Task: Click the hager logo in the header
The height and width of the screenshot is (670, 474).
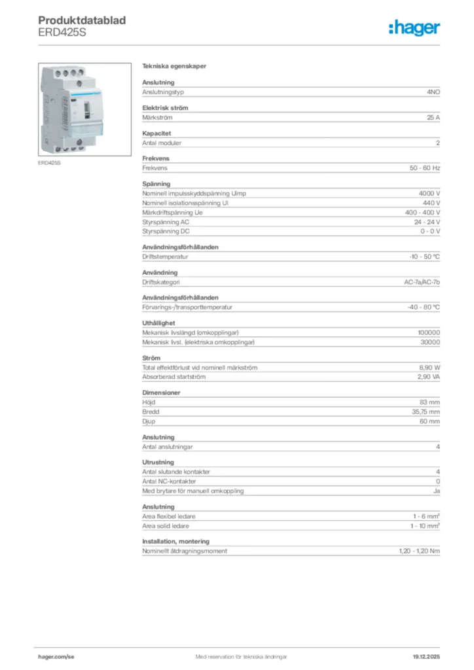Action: click(x=414, y=28)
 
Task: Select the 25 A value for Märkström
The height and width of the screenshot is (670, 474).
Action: click(x=433, y=117)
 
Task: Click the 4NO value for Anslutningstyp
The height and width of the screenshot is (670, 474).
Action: click(x=433, y=92)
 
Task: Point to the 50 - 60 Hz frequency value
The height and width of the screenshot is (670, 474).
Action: click(x=424, y=168)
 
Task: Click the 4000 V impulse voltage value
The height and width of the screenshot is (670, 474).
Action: click(x=429, y=194)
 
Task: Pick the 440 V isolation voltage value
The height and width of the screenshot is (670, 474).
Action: click(x=431, y=203)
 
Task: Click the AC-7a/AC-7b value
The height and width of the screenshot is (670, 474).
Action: click(x=422, y=282)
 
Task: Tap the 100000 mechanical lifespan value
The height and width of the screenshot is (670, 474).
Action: click(x=429, y=332)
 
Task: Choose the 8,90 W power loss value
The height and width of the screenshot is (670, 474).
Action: click(x=429, y=367)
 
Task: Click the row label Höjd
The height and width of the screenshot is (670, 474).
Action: click(x=149, y=402)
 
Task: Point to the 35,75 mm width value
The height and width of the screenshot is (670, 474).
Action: click(x=425, y=412)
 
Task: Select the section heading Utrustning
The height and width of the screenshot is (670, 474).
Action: click(x=158, y=462)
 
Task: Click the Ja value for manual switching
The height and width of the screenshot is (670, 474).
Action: click(x=436, y=491)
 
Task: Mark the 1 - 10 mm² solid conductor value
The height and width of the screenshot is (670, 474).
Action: click(x=425, y=525)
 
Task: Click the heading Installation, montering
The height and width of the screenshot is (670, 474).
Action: click(x=175, y=541)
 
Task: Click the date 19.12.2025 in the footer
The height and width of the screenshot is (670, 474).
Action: click(x=426, y=656)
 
